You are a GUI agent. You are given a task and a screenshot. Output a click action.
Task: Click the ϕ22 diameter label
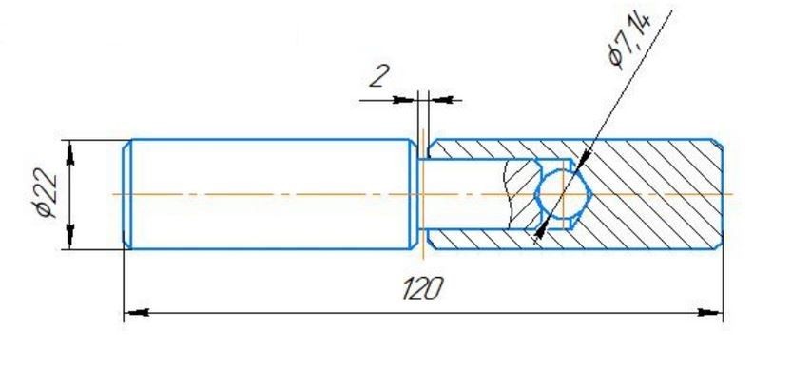click(x=47, y=192)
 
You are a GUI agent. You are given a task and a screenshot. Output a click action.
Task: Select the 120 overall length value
click(x=423, y=288)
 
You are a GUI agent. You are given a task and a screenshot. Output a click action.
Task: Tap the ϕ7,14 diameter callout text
click(x=629, y=41)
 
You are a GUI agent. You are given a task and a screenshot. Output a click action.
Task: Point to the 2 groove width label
click(x=378, y=77)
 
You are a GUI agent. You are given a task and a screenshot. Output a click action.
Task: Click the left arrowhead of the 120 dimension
click(x=136, y=313)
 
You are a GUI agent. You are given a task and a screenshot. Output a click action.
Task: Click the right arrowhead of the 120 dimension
click(x=710, y=313)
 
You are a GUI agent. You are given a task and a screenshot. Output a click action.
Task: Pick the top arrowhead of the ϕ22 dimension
click(x=69, y=153)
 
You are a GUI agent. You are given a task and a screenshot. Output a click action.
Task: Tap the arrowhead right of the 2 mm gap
click(x=440, y=100)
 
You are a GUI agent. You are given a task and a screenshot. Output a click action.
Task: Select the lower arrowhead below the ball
click(x=541, y=231)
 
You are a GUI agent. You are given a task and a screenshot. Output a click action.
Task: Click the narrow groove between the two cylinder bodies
click(x=423, y=194)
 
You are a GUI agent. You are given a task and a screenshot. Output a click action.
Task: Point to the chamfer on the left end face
click(x=127, y=194)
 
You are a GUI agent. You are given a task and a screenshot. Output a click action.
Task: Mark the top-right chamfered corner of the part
click(x=717, y=143)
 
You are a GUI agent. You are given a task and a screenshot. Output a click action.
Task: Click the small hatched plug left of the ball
click(x=521, y=194)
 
